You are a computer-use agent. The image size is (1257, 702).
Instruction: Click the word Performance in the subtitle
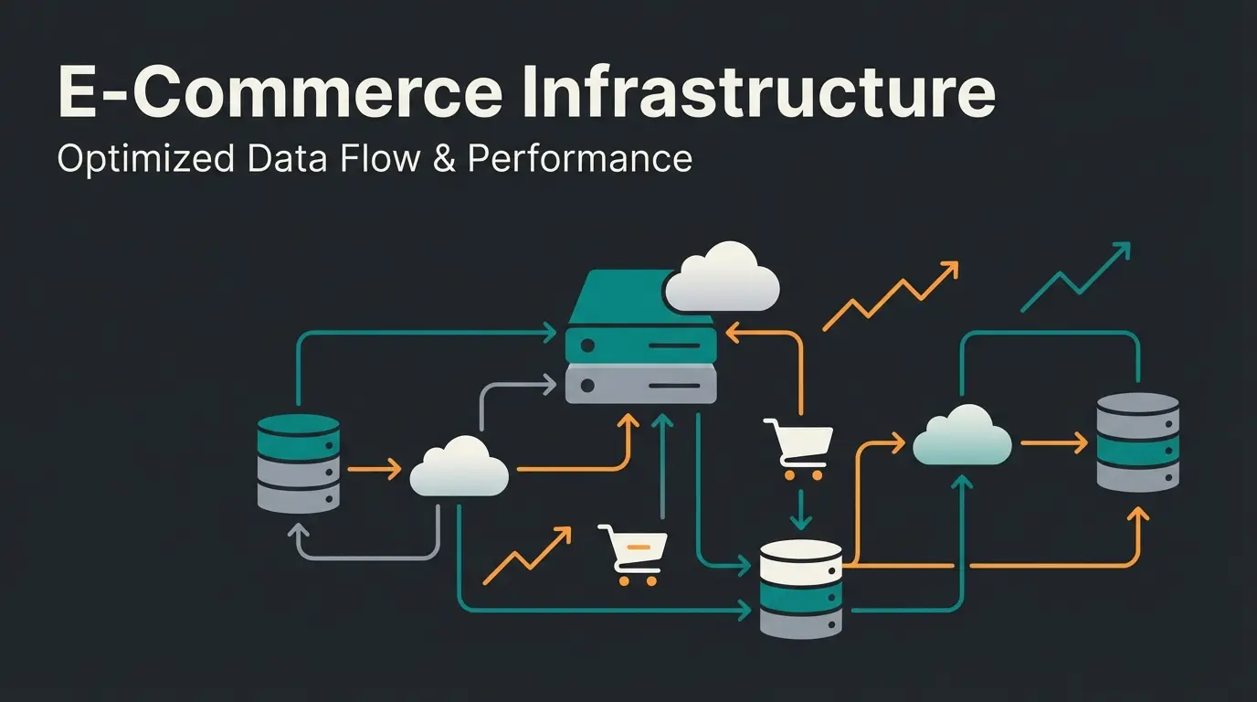pos(579,158)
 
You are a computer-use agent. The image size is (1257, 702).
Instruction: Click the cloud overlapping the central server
pos(722,277)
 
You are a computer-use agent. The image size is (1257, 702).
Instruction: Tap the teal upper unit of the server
pos(640,344)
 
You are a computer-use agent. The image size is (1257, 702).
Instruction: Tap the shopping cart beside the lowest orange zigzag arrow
pos(633,553)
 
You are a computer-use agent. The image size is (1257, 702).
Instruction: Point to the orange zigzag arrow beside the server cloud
pos(890,295)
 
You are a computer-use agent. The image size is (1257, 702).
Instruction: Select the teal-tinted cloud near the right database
pos(962,437)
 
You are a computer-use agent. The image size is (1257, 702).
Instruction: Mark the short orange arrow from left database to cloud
pos(375,469)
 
